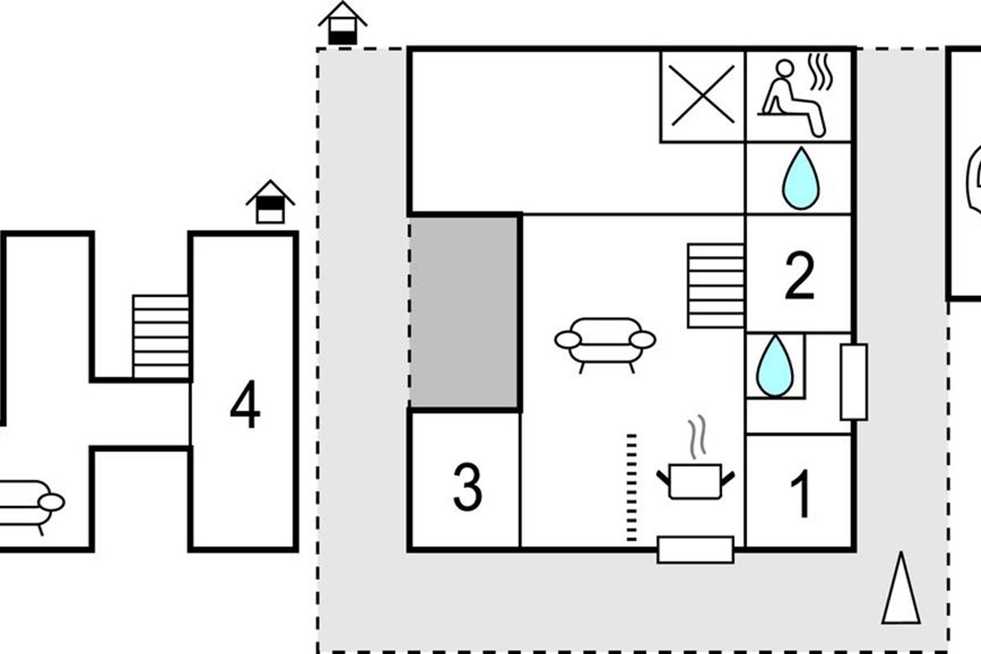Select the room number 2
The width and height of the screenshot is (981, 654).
tap(799, 276)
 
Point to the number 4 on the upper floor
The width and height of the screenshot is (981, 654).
tap(245, 406)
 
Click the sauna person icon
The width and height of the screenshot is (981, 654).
tap(792, 96)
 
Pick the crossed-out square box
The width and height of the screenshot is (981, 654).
tap(702, 96)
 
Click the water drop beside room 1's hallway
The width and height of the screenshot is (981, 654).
tap(775, 365)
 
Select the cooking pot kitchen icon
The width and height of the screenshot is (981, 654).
tap(695, 474)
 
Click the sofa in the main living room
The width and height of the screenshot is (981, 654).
tap(605, 343)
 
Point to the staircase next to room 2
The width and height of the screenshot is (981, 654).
tap(716, 285)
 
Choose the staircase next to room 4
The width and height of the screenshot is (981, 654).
tap(161, 336)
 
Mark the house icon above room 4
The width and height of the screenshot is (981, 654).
tap(270, 203)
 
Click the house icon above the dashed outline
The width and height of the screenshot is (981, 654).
tap(342, 24)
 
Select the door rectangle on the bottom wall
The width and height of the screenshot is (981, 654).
tap(696, 549)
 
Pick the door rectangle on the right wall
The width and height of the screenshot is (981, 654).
tap(853, 382)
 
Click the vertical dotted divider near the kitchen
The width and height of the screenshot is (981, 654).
tap(631, 487)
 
